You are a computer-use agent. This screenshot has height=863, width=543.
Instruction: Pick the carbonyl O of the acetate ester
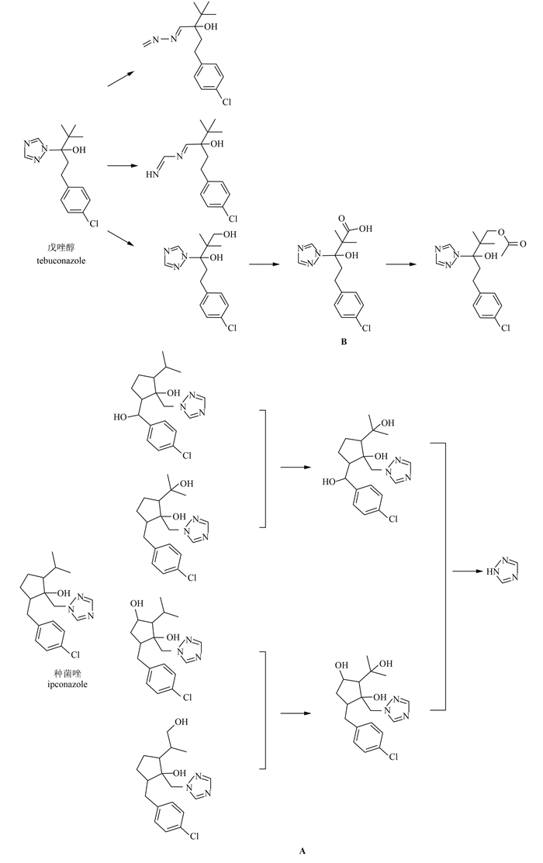tap(524, 243)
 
